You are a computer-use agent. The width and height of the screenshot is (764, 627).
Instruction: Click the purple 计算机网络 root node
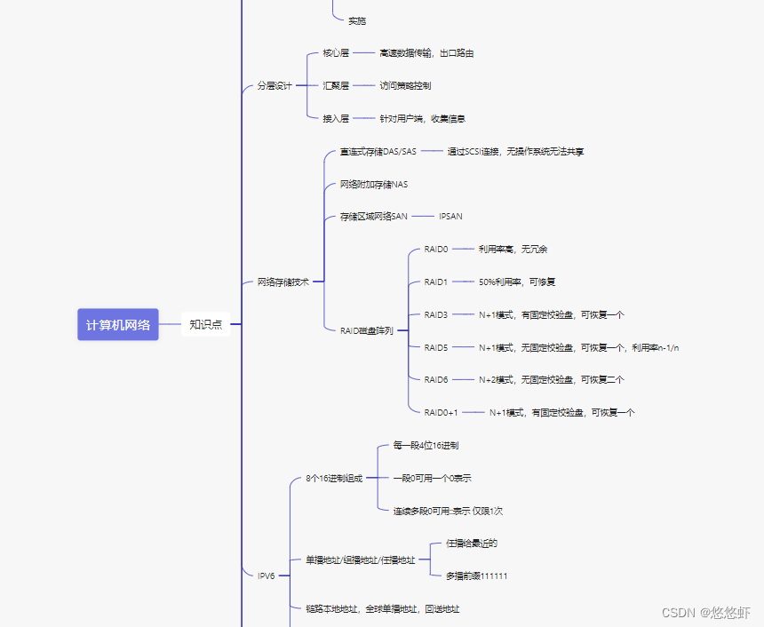coord(117,324)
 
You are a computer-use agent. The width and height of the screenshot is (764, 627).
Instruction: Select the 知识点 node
coord(205,324)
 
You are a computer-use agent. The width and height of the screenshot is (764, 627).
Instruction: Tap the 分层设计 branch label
coord(275,86)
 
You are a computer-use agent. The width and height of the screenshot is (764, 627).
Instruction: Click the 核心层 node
coord(336,53)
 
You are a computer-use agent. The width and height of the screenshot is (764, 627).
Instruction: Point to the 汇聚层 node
coord(336,86)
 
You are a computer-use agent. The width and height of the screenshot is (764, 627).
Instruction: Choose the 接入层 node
coord(336,118)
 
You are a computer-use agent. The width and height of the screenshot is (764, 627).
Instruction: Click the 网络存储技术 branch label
coord(283,282)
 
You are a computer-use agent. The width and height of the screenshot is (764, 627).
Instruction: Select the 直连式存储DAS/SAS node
coord(378,152)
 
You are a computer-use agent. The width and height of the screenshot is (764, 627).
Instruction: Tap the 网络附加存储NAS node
coord(374,185)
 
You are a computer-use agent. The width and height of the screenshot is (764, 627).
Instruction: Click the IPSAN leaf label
coord(450,217)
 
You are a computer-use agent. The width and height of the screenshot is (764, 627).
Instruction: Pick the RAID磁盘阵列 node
coord(366,330)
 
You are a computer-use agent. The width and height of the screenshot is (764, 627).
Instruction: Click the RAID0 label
coord(436,250)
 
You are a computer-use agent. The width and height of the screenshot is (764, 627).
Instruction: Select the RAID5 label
coord(436,347)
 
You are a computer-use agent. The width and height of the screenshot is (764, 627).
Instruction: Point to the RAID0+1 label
coord(441,412)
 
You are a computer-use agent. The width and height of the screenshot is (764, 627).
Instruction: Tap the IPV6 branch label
coord(267,575)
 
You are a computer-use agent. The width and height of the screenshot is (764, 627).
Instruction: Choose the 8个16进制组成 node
coord(334,478)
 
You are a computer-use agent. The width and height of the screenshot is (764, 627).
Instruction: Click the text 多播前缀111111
coord(477,575)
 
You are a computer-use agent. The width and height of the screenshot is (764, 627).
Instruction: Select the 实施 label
coord(357,20)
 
